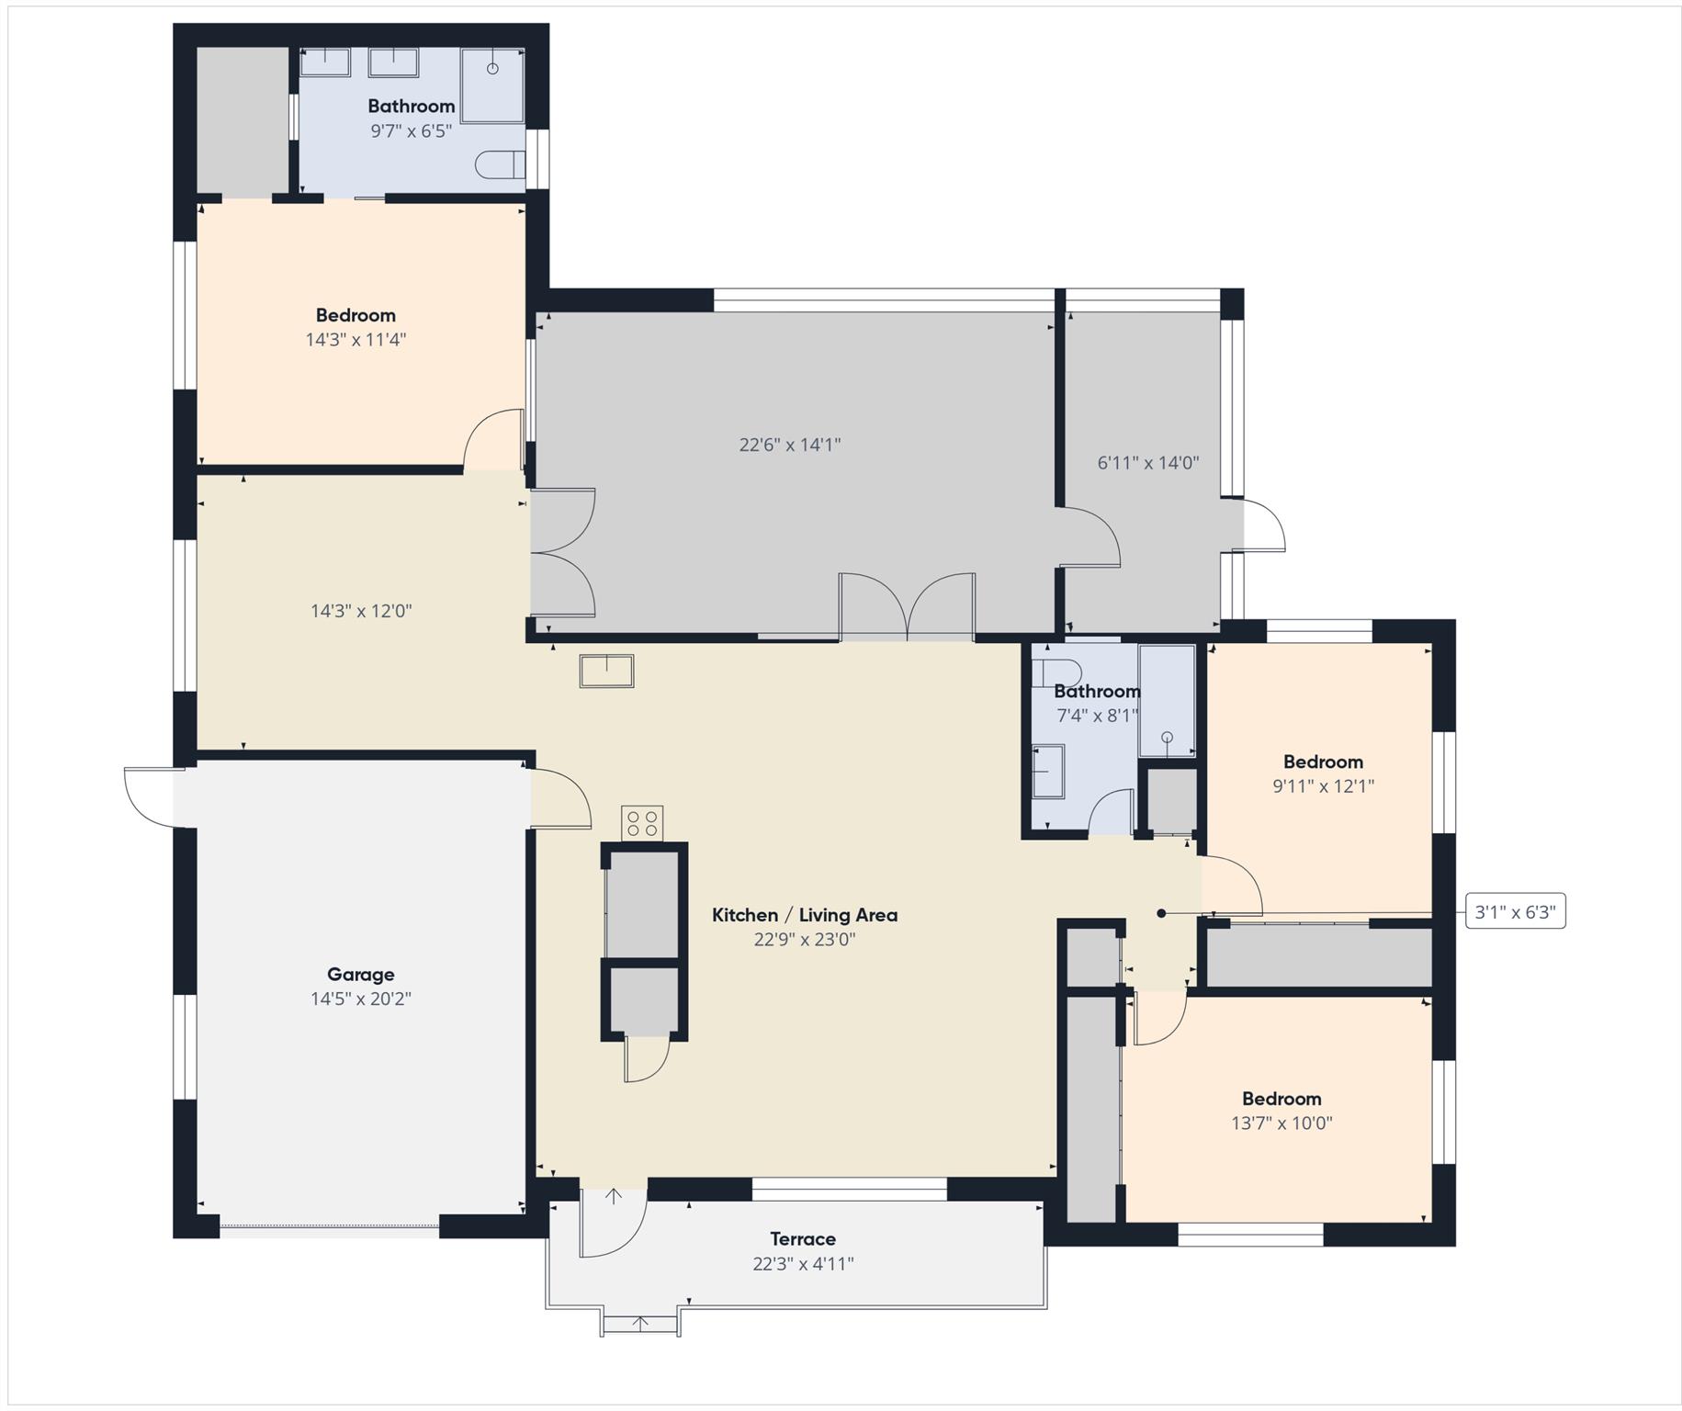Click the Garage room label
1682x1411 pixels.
click(360, 975)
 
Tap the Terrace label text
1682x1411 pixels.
click(803, 1239)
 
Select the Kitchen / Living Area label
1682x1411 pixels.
click(805, 915)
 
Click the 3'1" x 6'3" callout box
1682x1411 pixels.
click(1515, 912)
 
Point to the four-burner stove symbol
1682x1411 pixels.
click(642, 823)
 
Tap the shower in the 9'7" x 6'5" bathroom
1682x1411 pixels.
click(492, 85)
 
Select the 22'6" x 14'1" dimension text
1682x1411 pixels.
click(790, 446)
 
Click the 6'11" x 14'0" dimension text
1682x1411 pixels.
click(1148, 463)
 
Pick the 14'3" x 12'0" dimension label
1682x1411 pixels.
click(361, 611)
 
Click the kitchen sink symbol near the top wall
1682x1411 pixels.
click(606, 671)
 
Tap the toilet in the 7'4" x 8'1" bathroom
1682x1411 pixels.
click(1051, 672)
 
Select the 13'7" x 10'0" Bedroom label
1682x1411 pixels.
click(1281, 1099)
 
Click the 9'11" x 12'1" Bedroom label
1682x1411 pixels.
click(1323, 762)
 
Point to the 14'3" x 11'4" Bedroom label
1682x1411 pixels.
click(356, 315)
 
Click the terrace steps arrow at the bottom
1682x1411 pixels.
click(641, 1324)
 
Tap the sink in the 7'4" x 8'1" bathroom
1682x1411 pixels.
click(1048, 771)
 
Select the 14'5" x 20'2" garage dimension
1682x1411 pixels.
click(361, 999)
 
